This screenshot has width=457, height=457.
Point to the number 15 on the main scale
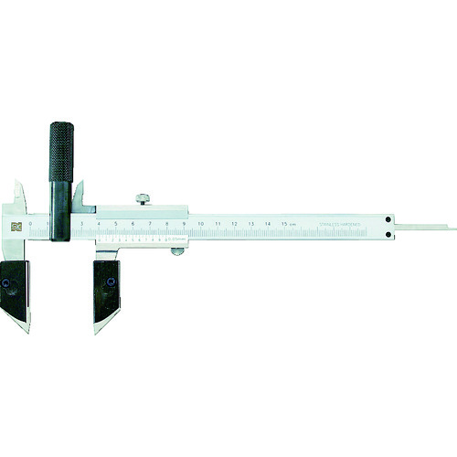pyautogui.click(x=285, y=223)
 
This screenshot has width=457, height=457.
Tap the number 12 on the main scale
pyautogui.click(x=234, y=223)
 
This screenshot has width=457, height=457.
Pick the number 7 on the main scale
pyautogui.click(x=149, y=223)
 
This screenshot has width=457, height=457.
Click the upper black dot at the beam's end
pyautogui.click(x=388, y=219)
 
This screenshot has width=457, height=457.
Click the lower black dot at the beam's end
pyautogui.click(x=388, y=234)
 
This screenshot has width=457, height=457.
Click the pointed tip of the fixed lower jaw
pyautogui.click(x=27, y=328)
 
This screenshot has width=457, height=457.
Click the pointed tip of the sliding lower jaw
pyautogui.click(x=95, y=330)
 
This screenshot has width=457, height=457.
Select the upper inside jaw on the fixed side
pyautogui.click(x=18, y=192)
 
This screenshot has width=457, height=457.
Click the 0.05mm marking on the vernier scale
pyautogui.click(x=179, y=242)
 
